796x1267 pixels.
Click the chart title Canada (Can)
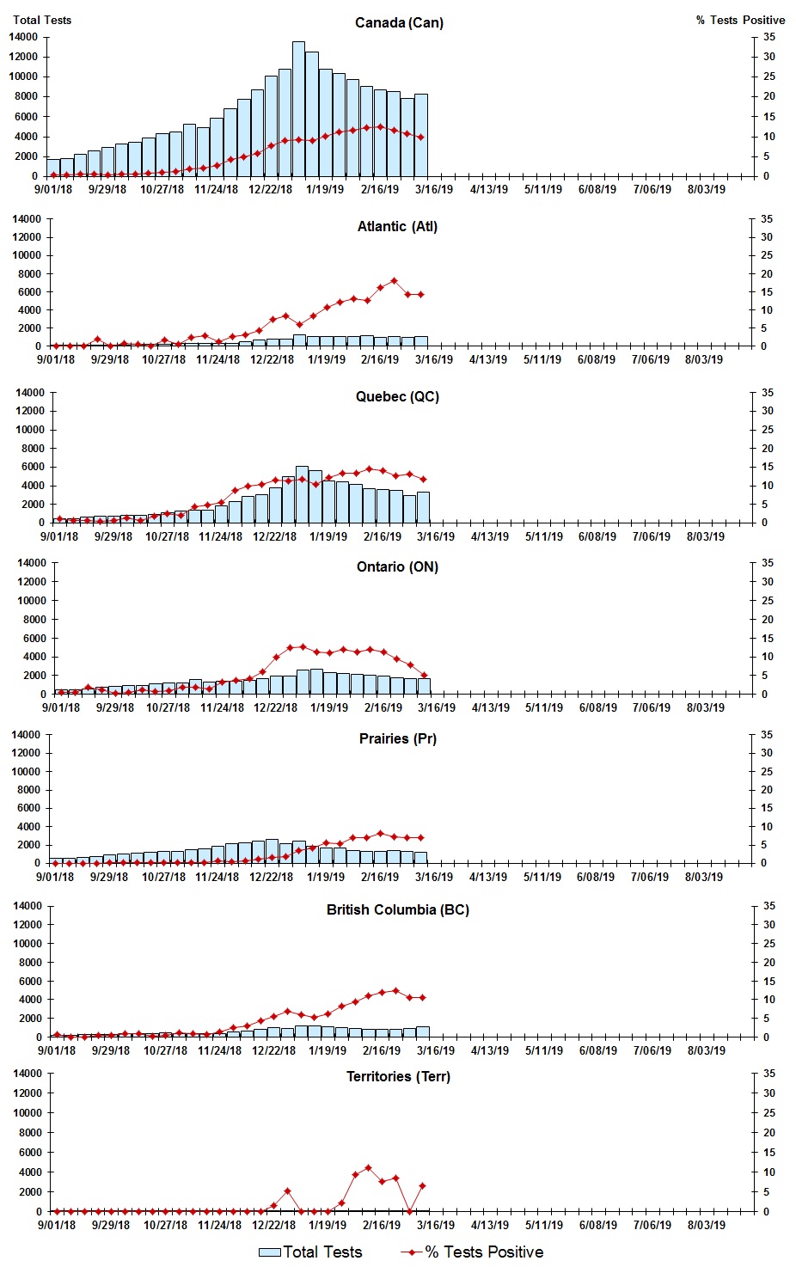point(399,22)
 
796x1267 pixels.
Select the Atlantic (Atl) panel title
point(397,227)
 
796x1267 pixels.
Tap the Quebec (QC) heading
point(397,397)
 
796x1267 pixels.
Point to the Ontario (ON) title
point(397,567)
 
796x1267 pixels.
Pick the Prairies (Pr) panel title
point(397,739)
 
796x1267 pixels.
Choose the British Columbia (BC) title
point(397,909)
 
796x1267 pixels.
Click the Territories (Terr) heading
point(397,1077)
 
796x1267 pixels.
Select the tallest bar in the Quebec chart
point(302,494)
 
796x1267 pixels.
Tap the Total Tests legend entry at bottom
point(310,1252)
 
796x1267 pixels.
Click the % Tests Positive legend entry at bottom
point(472,1252)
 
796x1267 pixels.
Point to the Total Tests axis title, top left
point(42,20)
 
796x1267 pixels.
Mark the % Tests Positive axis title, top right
point(740,20)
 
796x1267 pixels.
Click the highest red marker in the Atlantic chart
point(394,280)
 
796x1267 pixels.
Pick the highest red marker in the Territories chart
point(368,1167)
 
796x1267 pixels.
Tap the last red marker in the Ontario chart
point(424,676)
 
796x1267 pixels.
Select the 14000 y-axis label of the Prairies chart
point(27,735)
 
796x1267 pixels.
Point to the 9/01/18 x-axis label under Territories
point(57,1225)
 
